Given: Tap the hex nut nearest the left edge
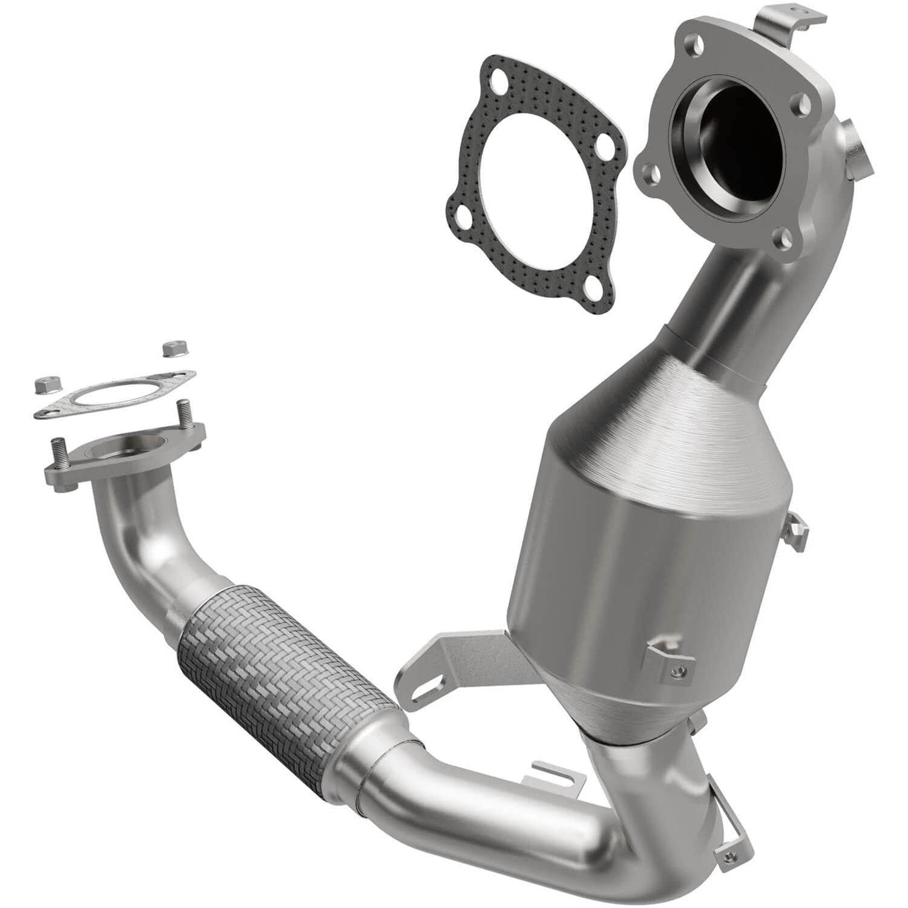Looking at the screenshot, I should tap(44, 384).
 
